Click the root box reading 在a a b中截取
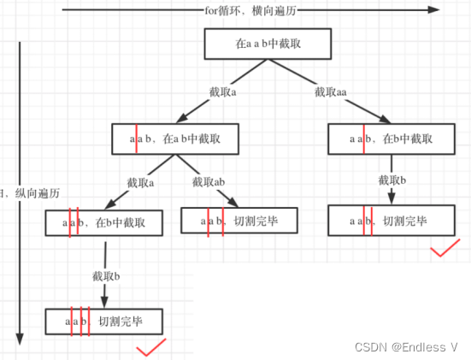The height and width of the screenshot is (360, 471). click(256, 44)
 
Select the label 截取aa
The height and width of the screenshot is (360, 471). click(331, 91)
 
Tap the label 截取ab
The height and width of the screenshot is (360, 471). click(209, 182)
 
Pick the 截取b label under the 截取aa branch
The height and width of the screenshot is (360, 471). click(393, 180)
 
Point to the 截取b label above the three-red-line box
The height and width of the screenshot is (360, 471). click(106, 276)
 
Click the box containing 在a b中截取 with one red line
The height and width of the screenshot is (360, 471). click(175, 138)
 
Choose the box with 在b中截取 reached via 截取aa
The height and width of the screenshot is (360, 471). click(390, 138)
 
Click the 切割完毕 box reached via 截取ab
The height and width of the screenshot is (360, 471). click(239, 221)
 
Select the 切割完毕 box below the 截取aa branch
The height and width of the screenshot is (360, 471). click(390, 222)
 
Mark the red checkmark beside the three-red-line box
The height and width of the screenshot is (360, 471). click(151, 346)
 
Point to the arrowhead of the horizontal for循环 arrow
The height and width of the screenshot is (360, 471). click(434, 11)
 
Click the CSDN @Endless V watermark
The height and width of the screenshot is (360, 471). click(408, 347)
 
